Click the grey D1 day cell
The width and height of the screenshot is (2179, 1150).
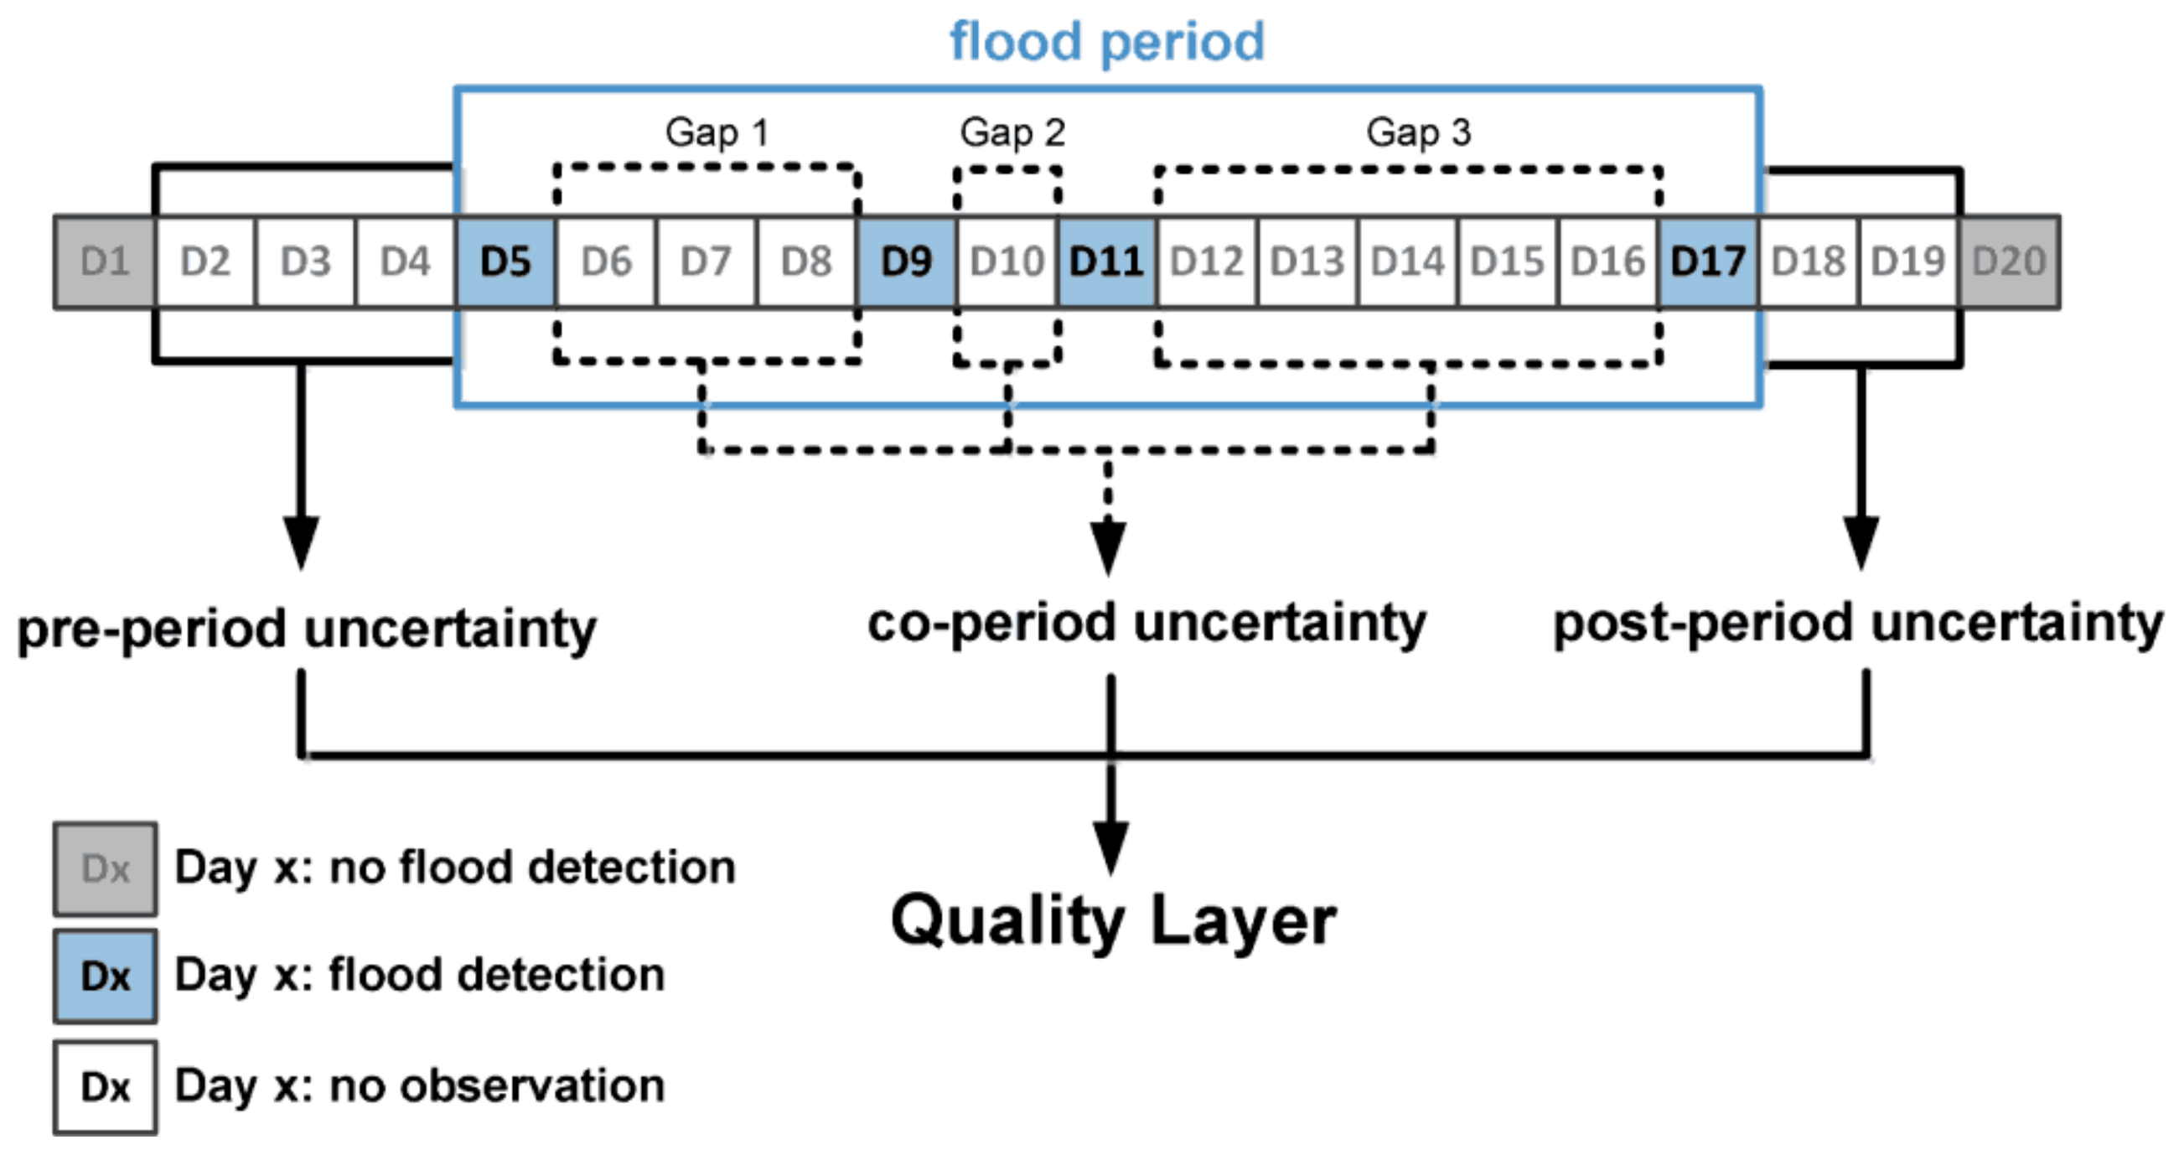pyautogui.click(x=105, y=262)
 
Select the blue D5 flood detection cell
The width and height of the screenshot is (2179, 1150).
pyautogui.click(x=506, y=262)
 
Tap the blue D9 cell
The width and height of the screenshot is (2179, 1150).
pyautogui.click(x=907, y=262)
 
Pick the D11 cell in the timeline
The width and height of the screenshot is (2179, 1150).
pyautogui.click(x=1107, y=262)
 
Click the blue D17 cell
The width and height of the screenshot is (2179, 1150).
pyautogui.click(x=1708, y=262)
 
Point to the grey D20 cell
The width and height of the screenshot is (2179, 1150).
pyautogui.click(x=2009, y=262)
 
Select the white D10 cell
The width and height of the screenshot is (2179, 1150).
pyautogui.click(x=1007, y=262)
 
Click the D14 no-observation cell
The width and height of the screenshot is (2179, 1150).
pyautogui.click(x=1408, y=262)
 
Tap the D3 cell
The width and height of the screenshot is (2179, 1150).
pyautogui.click(x=305, y=262)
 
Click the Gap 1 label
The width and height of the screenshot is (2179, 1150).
pyautogui.click(x=717, y=133)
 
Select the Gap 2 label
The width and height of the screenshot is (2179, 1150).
pyautogui.click(x=1012, y=133)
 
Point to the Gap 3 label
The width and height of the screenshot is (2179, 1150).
pyautogui.click(x=1419, y=133)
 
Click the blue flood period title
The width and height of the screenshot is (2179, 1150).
pyautogui.click(x=1106, y=42)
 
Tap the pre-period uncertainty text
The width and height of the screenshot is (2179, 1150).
pyautogui.click(x=306, y=629)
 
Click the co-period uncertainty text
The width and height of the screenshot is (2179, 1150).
pyautogui.click(x=1146, y=624)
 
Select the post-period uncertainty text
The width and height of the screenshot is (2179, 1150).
pyautogui.click(x=1857, y=624)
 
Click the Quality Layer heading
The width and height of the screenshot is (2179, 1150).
pyautogui.click(x=1113, y=920)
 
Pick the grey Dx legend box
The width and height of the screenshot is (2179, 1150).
pyautogui.click(x=105, y=869)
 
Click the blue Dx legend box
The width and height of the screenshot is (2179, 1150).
pyautogui.click(x=105, y=976)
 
